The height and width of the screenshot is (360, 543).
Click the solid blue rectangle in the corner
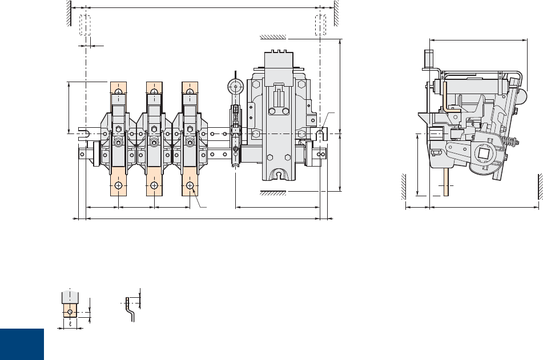22,344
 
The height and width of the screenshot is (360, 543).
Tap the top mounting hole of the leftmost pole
118,92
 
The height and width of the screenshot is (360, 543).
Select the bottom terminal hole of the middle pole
154,186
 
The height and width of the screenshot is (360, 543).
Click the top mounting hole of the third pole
189,92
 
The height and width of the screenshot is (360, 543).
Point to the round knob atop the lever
235,87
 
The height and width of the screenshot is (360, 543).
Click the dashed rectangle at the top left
85,26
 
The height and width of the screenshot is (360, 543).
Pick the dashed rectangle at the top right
322,26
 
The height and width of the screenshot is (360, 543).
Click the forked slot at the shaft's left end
82,134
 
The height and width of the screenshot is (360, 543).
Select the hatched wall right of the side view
539,186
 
